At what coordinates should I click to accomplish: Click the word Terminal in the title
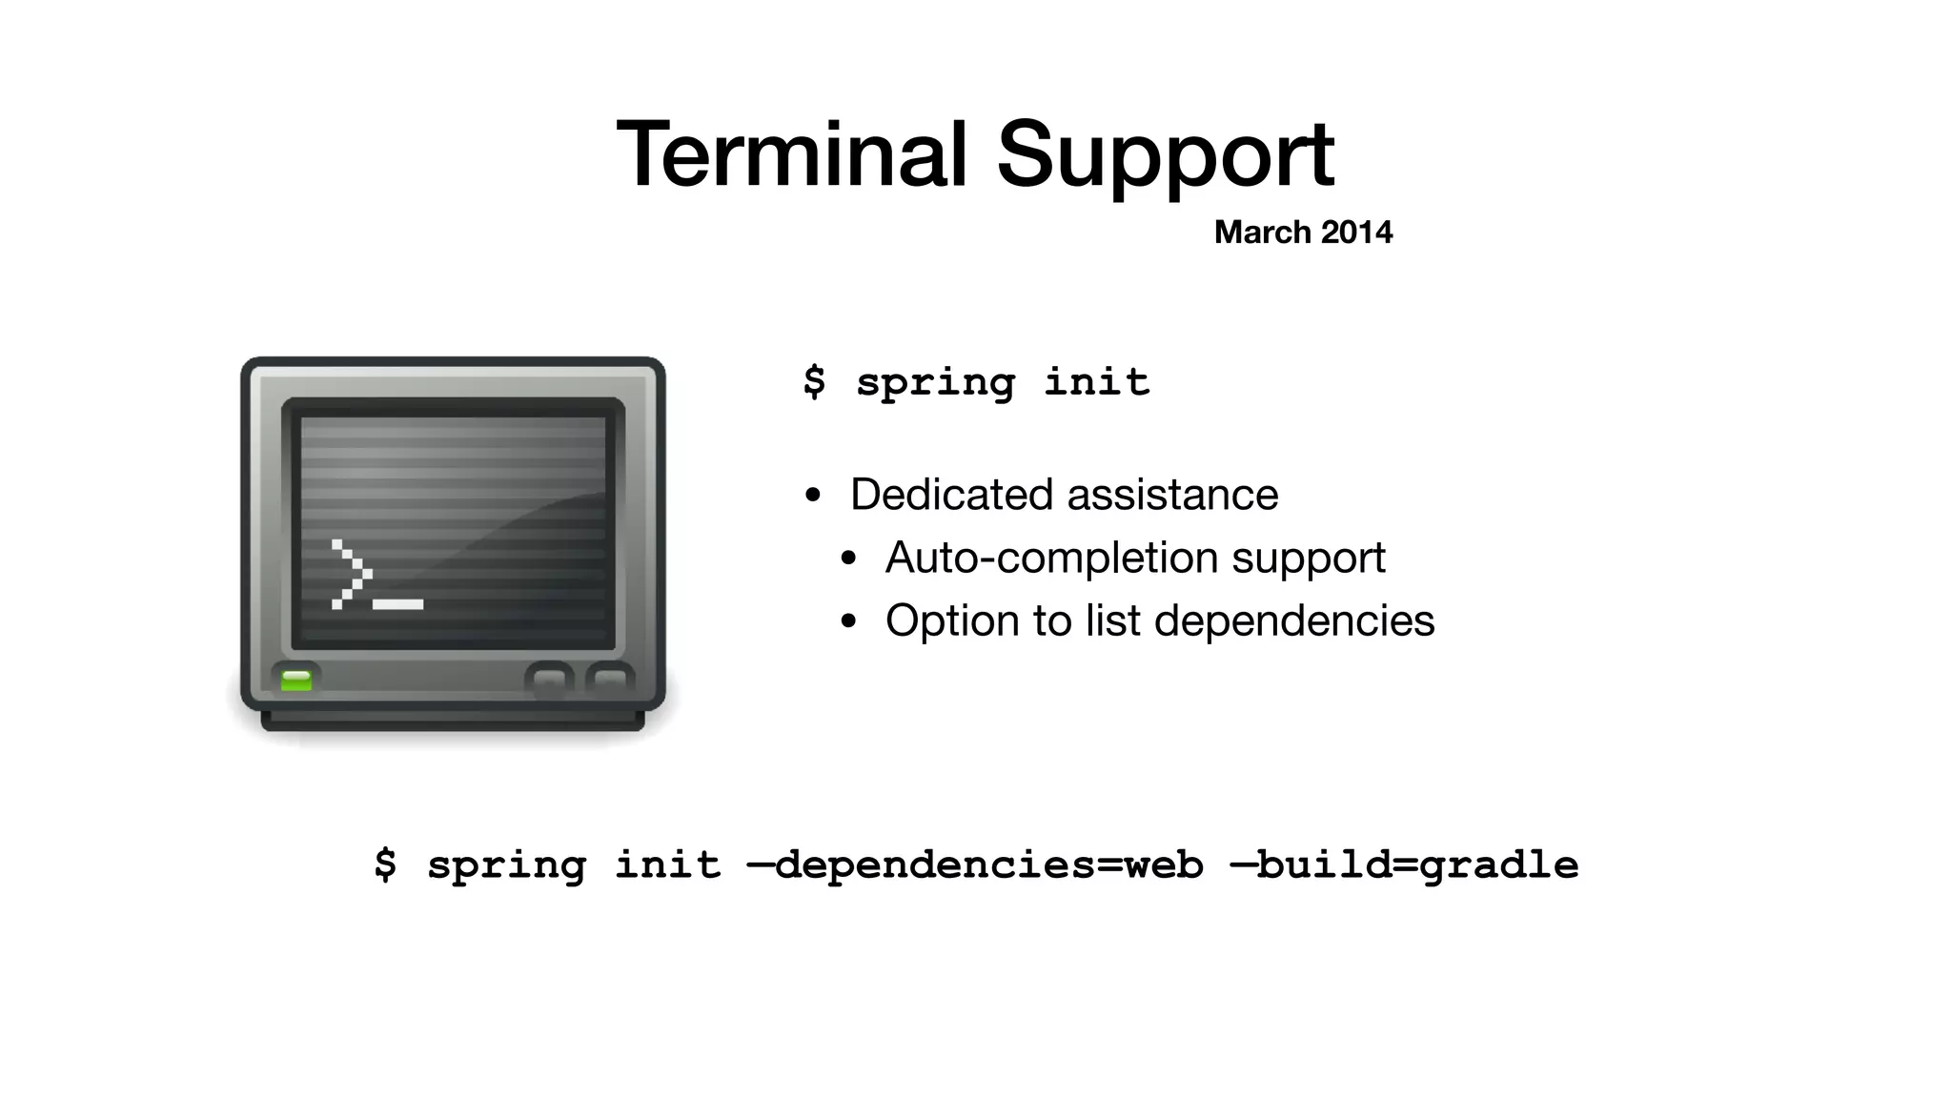pos(791,154)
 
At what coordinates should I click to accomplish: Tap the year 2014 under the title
pos(1356,232)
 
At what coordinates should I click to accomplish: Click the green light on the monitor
pos(296,680)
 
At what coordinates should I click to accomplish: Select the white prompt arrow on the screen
pos(350,574)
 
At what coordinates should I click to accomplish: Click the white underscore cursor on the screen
pos(397,604)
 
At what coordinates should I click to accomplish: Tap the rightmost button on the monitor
pos(609,680)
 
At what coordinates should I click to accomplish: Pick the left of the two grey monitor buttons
pos(549,680)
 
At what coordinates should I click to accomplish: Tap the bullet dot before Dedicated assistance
pos(812,496)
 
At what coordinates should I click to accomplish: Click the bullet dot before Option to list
pos(848,622)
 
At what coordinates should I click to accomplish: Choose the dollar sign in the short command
pos(814,381)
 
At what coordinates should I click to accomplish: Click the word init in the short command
pos(1096,381)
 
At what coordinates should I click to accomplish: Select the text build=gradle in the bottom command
pos(1416,865)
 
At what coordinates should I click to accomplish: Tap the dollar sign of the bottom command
pos(385,864)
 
